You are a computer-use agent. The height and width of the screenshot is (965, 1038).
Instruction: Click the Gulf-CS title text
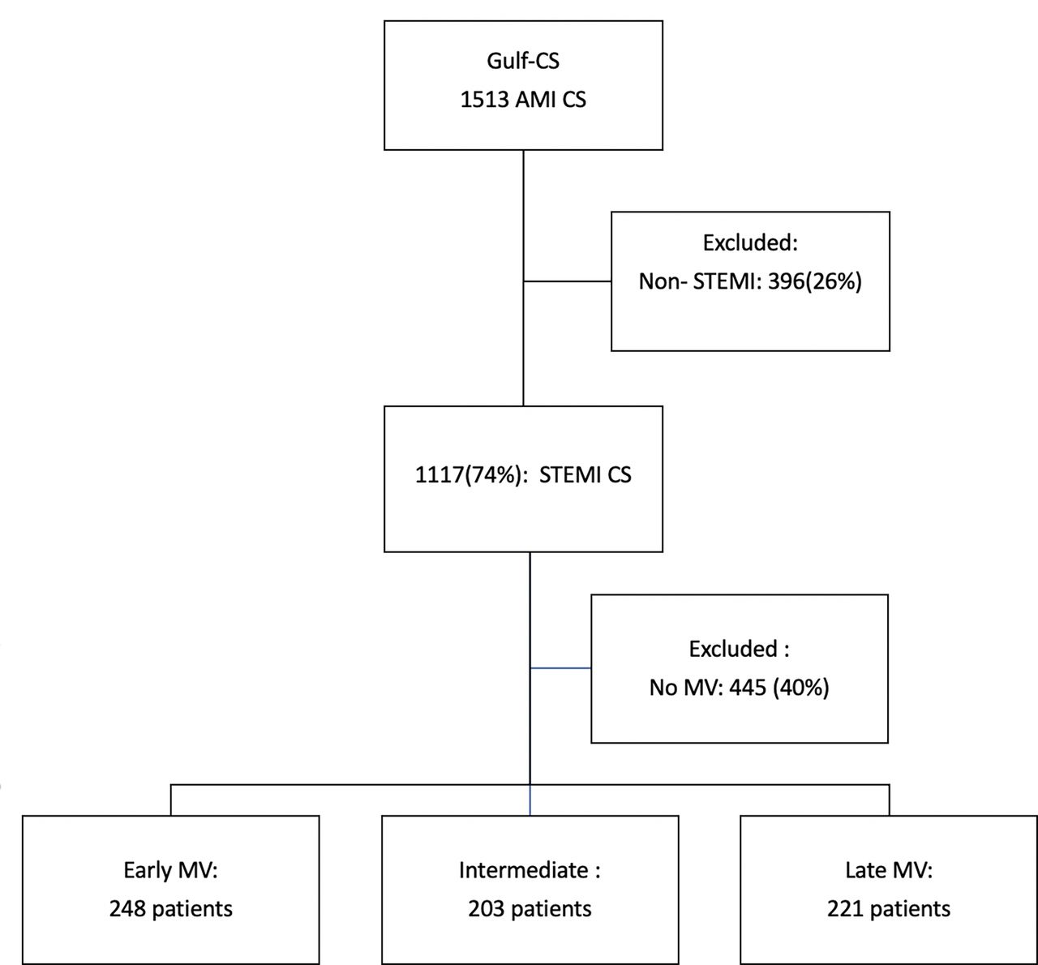pyautogui.click(x=523, y=61)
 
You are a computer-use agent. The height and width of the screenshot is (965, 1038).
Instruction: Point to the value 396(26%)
pyautogui.click(x=815, y=281)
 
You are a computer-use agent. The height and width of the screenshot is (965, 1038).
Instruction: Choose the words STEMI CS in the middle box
pyautogui.click(x=585, y=474)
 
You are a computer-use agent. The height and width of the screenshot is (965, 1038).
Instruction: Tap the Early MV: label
pyautogui.click(x=170, y=870)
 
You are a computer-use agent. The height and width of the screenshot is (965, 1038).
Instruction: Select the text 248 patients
pyautogui.click(x=171, y=909)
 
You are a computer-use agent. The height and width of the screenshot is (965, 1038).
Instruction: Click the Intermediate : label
pyautogui.click(x=530, y=870)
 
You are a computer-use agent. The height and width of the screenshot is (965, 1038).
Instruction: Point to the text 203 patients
pyautogui.click(x=530, y=909)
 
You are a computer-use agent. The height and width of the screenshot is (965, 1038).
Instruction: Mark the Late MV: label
pyautogui.click(x=889, y=870)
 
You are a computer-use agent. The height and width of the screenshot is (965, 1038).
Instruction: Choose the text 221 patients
pyautogui.click(x=889, y=909)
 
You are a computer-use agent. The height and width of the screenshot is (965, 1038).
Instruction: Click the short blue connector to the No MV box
pyautogui.click(x=561, y=668)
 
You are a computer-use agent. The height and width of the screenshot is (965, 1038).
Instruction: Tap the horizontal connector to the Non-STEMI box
pyautogui.click(x=568, y=281)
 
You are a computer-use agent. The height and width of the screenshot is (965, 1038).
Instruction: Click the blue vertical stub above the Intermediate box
pyautogui.click(x=530, y=800)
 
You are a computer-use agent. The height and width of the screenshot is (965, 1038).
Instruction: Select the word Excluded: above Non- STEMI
pyautogui.click(x=750, y=242)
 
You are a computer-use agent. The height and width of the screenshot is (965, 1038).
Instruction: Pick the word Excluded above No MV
pyautogui.click(x=733, y=649)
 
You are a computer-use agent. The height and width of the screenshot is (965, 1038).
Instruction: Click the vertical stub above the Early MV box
pyautogui.click(x=171, y=800)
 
